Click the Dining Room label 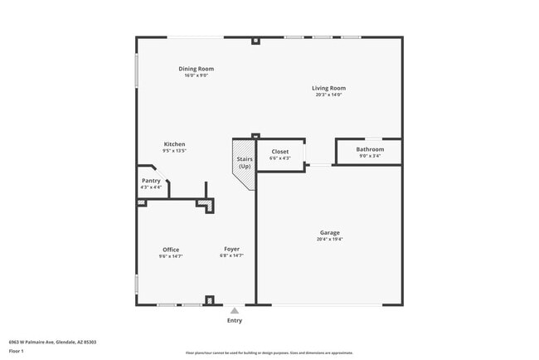(x=196, y=68)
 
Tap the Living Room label (x=328, y=88)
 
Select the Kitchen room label (x=174, y=144)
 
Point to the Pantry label (x=151, y=180)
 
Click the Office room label (x=171, y=250)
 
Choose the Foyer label (x=232, y=249)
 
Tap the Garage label (x=329, y=232)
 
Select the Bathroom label (x=370, y=149)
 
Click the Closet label (x=280, y=152)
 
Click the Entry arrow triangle (x=235, y=311)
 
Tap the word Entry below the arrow (x=235, y=320)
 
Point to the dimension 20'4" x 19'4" (x=329, y=239)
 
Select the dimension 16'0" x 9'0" (x=196, y=75)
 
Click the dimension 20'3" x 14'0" (x=328, y=95)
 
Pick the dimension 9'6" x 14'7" (x=171, y=256)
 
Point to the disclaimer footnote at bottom (x=269, y=353)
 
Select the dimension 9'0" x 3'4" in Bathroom (x=370, y=156)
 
